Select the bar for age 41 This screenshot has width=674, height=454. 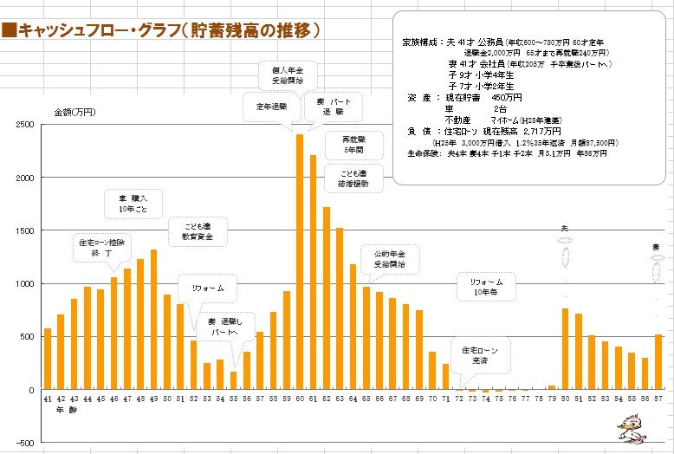point(47,359)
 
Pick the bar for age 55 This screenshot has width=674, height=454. point(233,380)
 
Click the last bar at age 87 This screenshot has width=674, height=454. point(658,361)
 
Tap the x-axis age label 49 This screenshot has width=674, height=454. point(153,399)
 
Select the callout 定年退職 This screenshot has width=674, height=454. point(271,107)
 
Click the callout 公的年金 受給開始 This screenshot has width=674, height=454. point(389,258)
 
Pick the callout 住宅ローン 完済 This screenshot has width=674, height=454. point(479,353)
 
